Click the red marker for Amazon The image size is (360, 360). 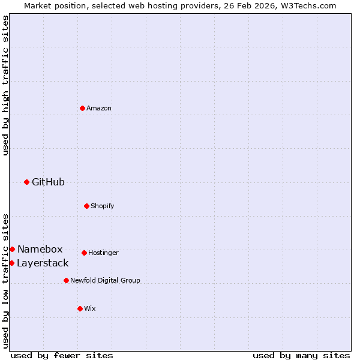(82, 108)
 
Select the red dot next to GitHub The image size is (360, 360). (26, 182)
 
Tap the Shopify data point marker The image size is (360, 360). (86, 206)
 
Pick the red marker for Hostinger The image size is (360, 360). (84, 253)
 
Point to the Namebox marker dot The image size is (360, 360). (12, 249)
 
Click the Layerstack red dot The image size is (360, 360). (11, 263)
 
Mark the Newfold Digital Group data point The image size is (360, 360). (66, 280)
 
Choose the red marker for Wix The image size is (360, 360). (80, 308)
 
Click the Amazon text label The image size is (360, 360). (99, 108)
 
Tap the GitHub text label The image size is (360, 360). (48, 182)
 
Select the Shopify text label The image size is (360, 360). (103, 206)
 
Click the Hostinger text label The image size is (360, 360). (103, 253)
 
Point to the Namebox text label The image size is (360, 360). (40, 249)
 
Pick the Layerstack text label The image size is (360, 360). (43, 263)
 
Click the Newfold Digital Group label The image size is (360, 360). (105, 280)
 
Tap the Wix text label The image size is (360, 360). (90, 308)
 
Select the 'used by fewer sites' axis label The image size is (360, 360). (62, 355)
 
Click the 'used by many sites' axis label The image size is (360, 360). (301, 355)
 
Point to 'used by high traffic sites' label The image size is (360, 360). (5, 85)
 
